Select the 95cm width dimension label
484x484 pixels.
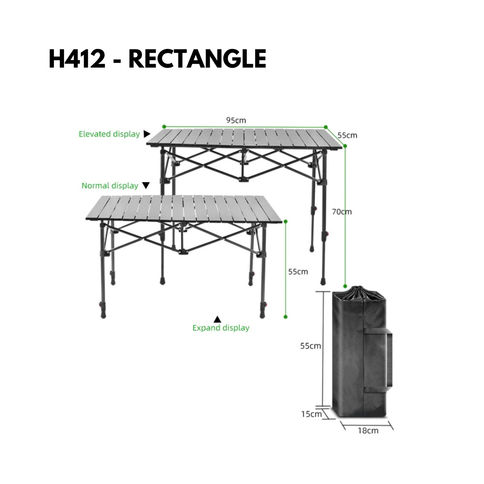click(x=236, y=120)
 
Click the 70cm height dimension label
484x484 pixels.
click(x=342, y=212)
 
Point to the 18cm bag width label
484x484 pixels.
click(x=368, y=430)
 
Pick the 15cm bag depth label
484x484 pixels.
click(x=312, y=414)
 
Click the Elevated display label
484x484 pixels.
click(x=109, y=134)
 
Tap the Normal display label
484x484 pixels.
click(x=110, y=186)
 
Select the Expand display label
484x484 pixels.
click(x=221, y=328)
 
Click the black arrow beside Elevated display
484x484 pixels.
click(x=147, y=134)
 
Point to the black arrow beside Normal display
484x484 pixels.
click(x=146, y=185)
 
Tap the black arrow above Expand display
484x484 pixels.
click(x=217, y=319)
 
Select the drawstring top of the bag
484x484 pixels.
click(x=359, y=293)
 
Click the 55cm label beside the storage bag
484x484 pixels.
click(x=311, y=346)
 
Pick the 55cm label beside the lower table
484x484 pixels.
click(x=298, y=272)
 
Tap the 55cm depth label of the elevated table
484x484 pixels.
click(x=347, y=135)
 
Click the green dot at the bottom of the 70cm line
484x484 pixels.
click(x=345, y=286)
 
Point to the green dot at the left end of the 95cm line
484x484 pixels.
click(x=164, y=127)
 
